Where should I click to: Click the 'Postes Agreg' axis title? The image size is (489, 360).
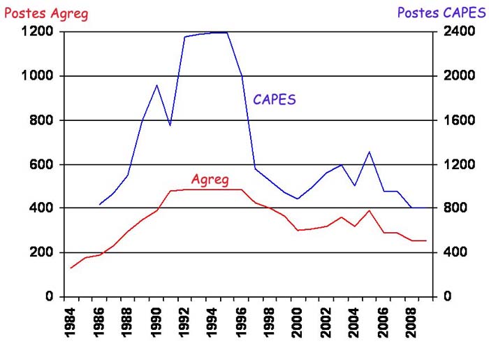[x=46, y=13]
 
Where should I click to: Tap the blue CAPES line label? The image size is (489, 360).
[x=275, y=99]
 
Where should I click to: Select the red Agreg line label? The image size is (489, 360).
[x=210, y=180]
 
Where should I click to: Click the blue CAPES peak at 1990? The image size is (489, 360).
[x=157, y=85]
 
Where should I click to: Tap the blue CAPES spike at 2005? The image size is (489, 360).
[x=369, y=152]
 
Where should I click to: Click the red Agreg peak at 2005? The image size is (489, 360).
[x=369, y=210]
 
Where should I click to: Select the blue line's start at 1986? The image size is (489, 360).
[x=100, y=205]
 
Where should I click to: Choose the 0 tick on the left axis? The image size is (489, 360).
[x=50, y=296]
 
